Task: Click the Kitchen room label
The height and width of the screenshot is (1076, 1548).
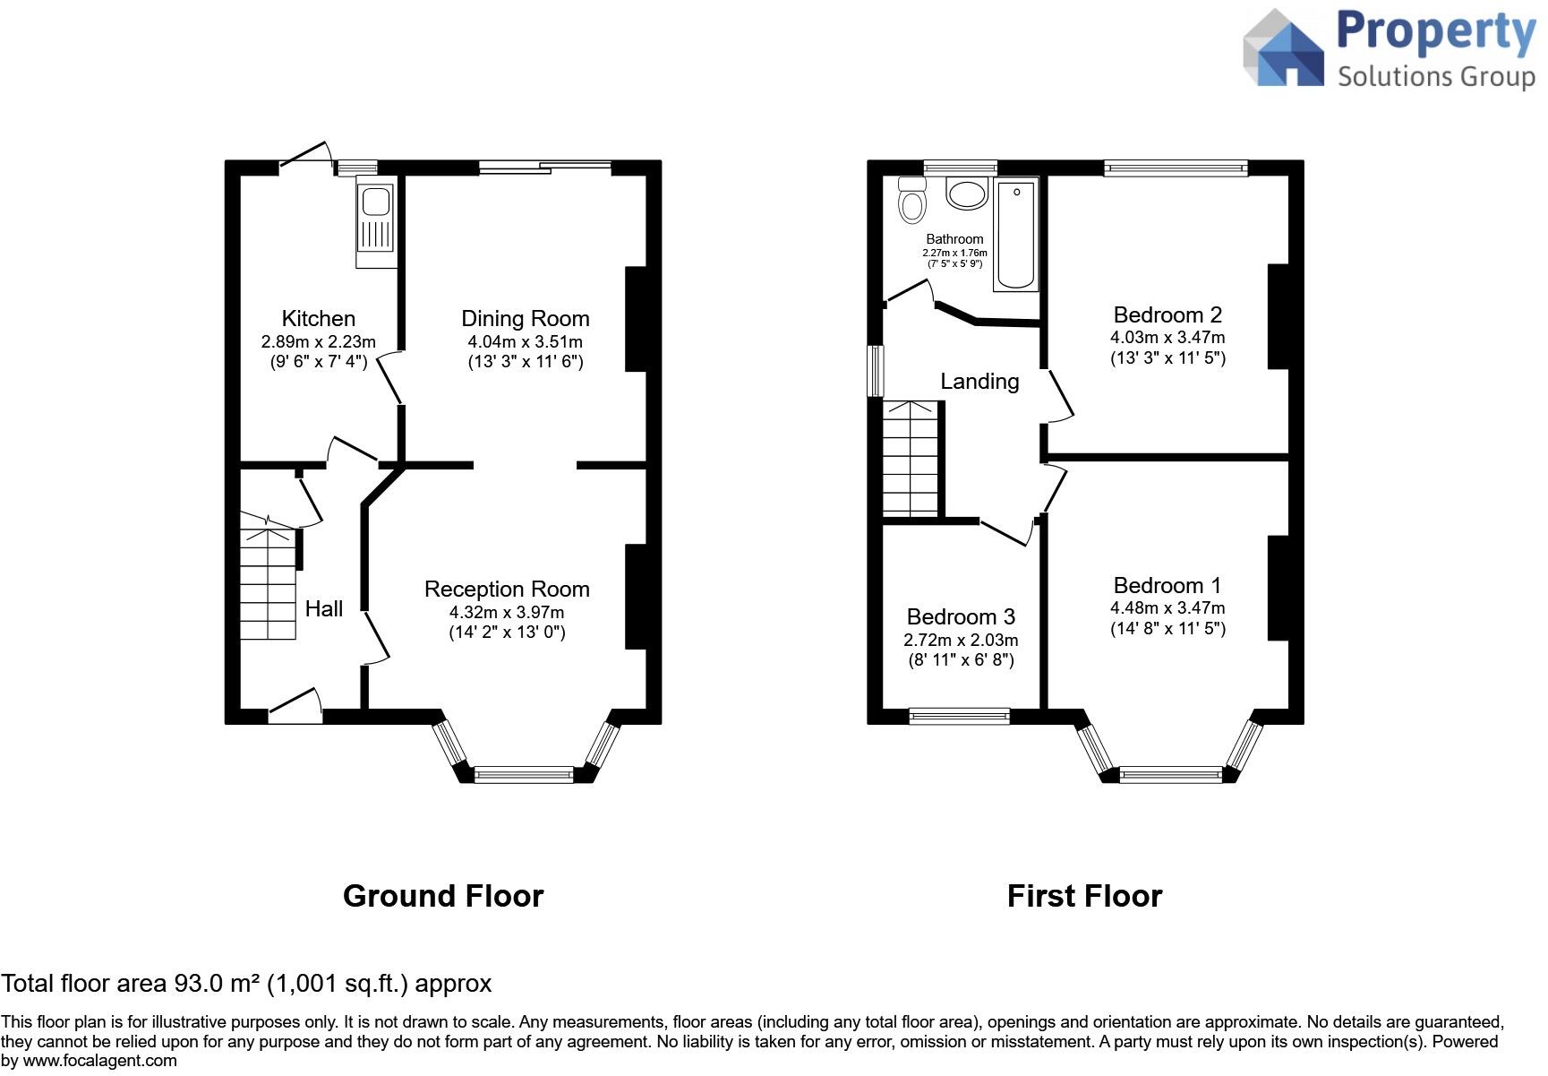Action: (x=318, y=318)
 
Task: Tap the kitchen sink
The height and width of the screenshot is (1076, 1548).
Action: (x=376, y=220)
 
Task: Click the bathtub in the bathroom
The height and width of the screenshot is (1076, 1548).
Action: (x=1016, y=234)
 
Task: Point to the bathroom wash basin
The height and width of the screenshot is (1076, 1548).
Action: (x=967, y=193)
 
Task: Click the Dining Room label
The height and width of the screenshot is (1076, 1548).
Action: (x=525, y=318)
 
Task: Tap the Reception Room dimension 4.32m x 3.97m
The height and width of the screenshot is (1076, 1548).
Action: (x=507, y=612)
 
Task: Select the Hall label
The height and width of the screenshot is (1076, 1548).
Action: (x=323, y=609)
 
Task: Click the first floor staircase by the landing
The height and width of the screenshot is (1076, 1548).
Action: (x=911, y=458)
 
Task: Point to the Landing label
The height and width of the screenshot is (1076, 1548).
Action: (x=979, y=382)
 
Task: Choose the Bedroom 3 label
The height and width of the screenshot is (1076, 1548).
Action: (x=961, y=616)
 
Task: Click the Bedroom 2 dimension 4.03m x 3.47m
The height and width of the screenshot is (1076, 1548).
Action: (x=1167, y=338)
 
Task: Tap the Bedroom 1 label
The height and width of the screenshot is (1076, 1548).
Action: (x=1167, y=585)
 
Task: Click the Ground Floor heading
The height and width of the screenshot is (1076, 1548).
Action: (x=443, y=896)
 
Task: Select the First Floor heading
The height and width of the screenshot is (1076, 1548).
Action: (x=1084, y=896)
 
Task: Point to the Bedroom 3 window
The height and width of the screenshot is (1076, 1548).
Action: (x=959, y=716)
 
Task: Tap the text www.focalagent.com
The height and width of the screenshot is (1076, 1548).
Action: (x=99, y=1062)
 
